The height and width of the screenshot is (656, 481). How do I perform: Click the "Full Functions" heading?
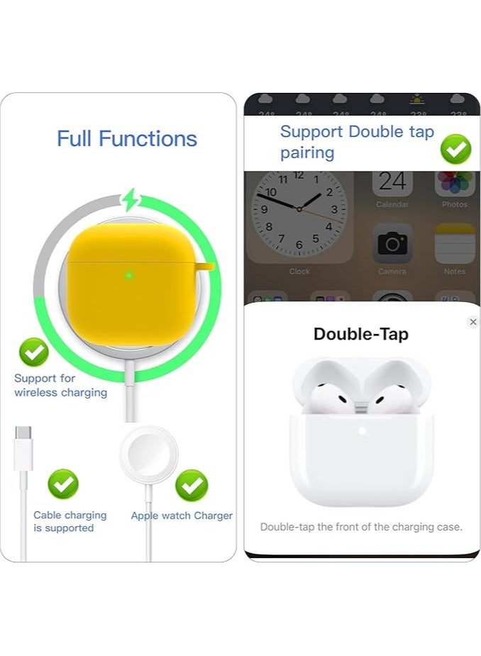(x=127, y=138)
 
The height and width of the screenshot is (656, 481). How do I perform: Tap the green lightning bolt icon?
(x=130, y=200)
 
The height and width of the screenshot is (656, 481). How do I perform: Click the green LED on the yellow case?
(x=129, y=275)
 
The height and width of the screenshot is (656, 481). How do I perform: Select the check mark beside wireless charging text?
(x=33, y=352)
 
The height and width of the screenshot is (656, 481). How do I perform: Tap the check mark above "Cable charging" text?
(x=63, y=484)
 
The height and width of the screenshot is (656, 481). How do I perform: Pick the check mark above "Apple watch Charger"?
(x=191, y=485)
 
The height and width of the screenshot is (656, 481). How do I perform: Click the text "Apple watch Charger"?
(x=182, y=516)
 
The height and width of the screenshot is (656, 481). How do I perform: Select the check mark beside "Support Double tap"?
(x=455, y=150)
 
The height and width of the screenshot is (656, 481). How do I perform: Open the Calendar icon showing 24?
(x=392, y=184)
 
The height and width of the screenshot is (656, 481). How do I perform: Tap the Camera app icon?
(x=392, y=243)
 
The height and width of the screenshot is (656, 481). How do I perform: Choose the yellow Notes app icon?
(x=454, y=243)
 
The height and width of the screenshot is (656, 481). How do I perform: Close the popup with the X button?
(x=473, y=322)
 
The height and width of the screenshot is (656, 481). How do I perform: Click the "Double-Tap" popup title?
(x=361, y=334)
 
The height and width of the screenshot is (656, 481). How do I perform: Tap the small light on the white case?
(x=362, y=430)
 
